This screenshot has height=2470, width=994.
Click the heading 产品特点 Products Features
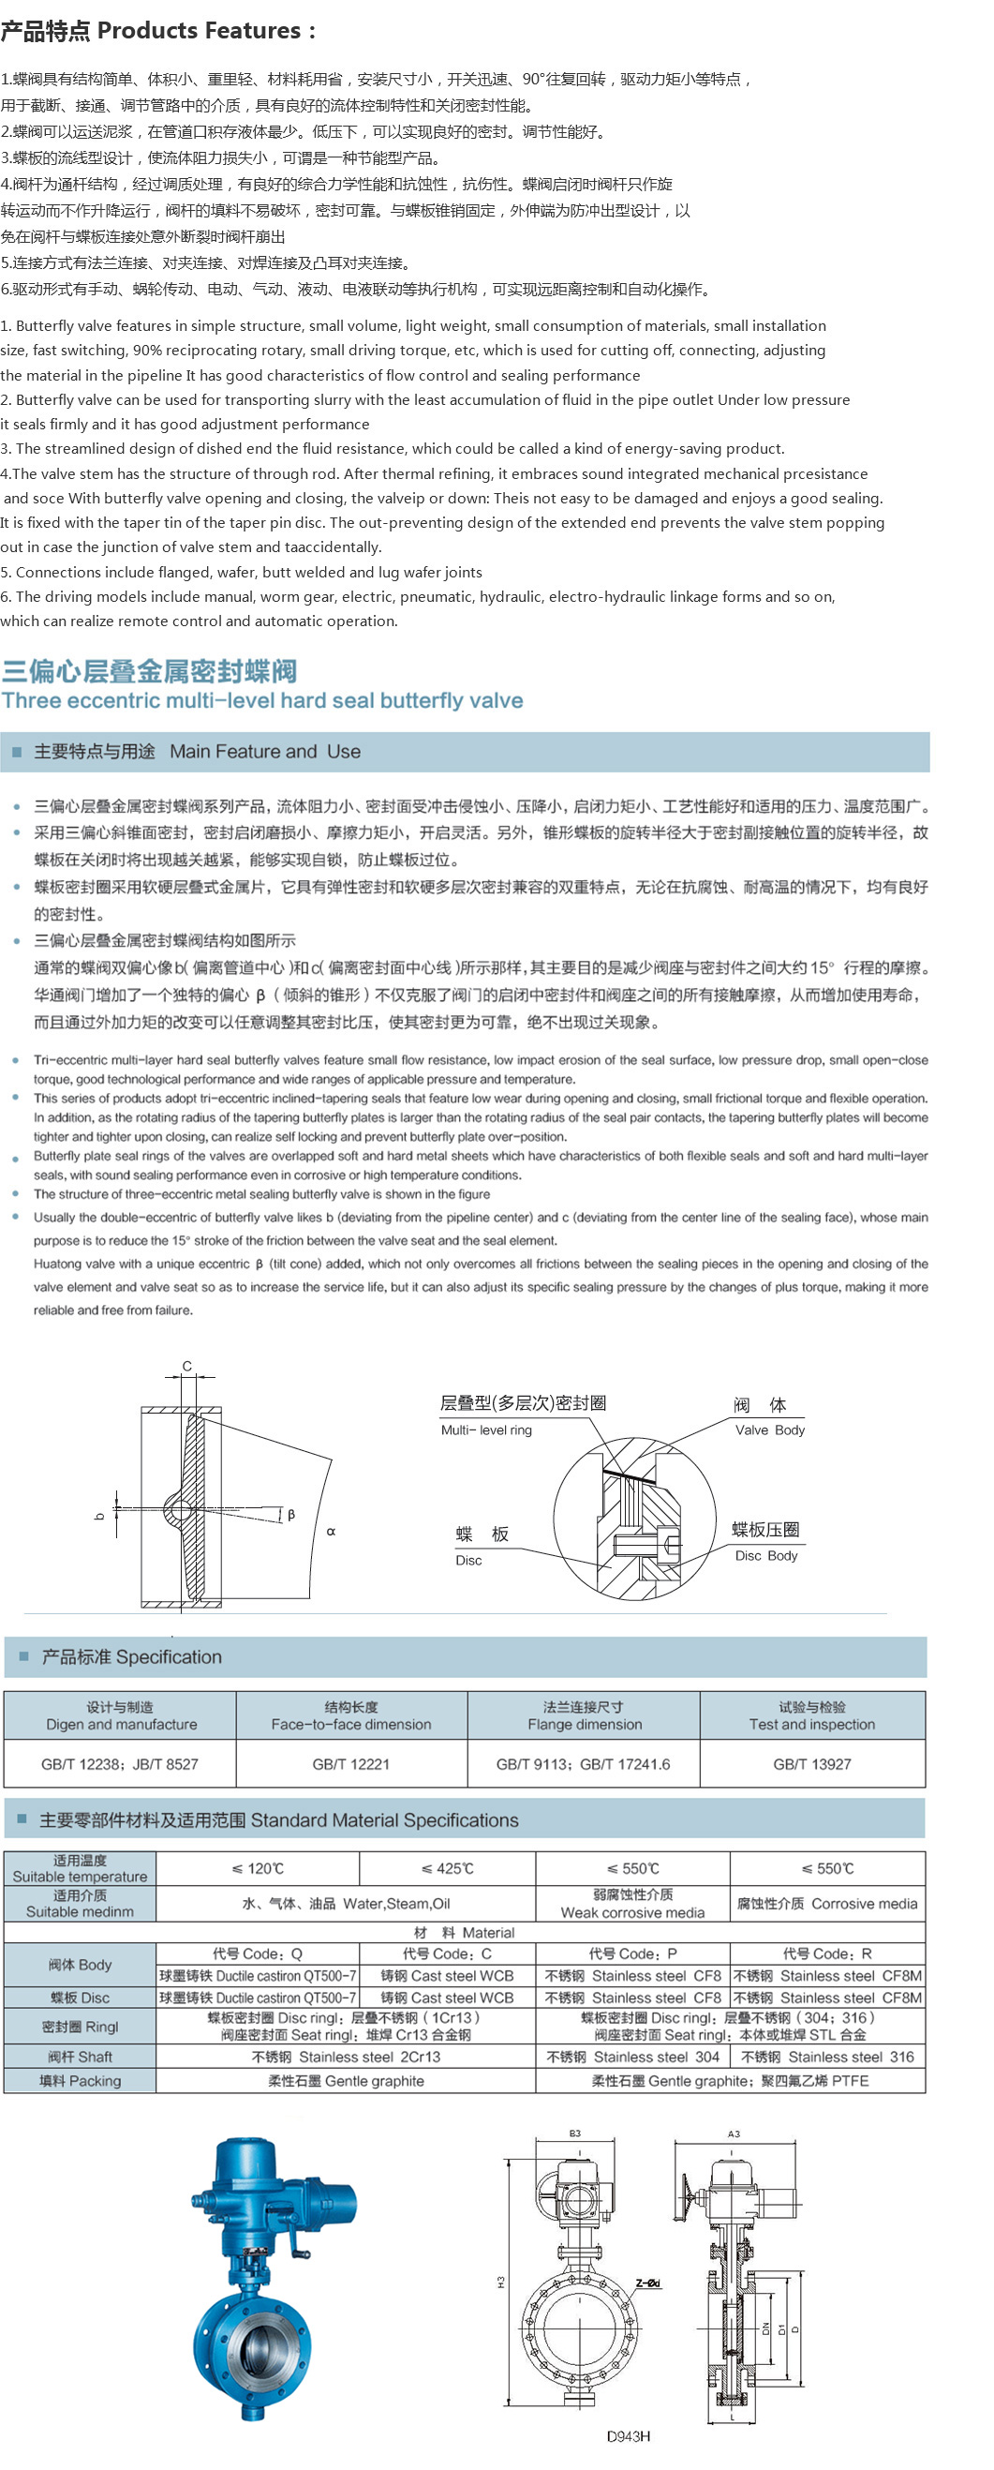point(158,31)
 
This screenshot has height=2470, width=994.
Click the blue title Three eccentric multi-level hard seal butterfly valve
point(261,700)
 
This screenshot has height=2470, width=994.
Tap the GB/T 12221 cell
point(350,1763)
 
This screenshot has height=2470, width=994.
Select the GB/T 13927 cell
point(812,1763)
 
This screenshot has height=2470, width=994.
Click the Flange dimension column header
point(584,1715)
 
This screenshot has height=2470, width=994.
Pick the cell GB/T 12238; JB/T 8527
point(120,1763)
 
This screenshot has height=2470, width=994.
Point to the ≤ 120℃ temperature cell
point(257,1868)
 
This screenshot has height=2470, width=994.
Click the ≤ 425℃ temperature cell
point(447,1868)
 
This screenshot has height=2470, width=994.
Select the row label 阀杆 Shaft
point(81,2057)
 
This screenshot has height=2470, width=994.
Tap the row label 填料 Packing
point(81,2081)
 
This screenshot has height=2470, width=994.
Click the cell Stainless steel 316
point(827,2057)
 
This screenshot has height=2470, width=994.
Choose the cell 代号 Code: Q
point(257,1954)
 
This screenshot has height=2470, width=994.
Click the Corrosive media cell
point(827,1903)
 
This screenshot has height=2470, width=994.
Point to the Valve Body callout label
point(770,1430)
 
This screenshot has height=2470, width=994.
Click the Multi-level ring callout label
point(486,1430)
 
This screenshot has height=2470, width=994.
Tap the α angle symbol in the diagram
point(331,1531)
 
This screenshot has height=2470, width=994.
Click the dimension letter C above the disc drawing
point(187,1366)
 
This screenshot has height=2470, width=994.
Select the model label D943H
point(628,2435)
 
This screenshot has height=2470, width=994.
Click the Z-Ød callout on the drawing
point(648,2283)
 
